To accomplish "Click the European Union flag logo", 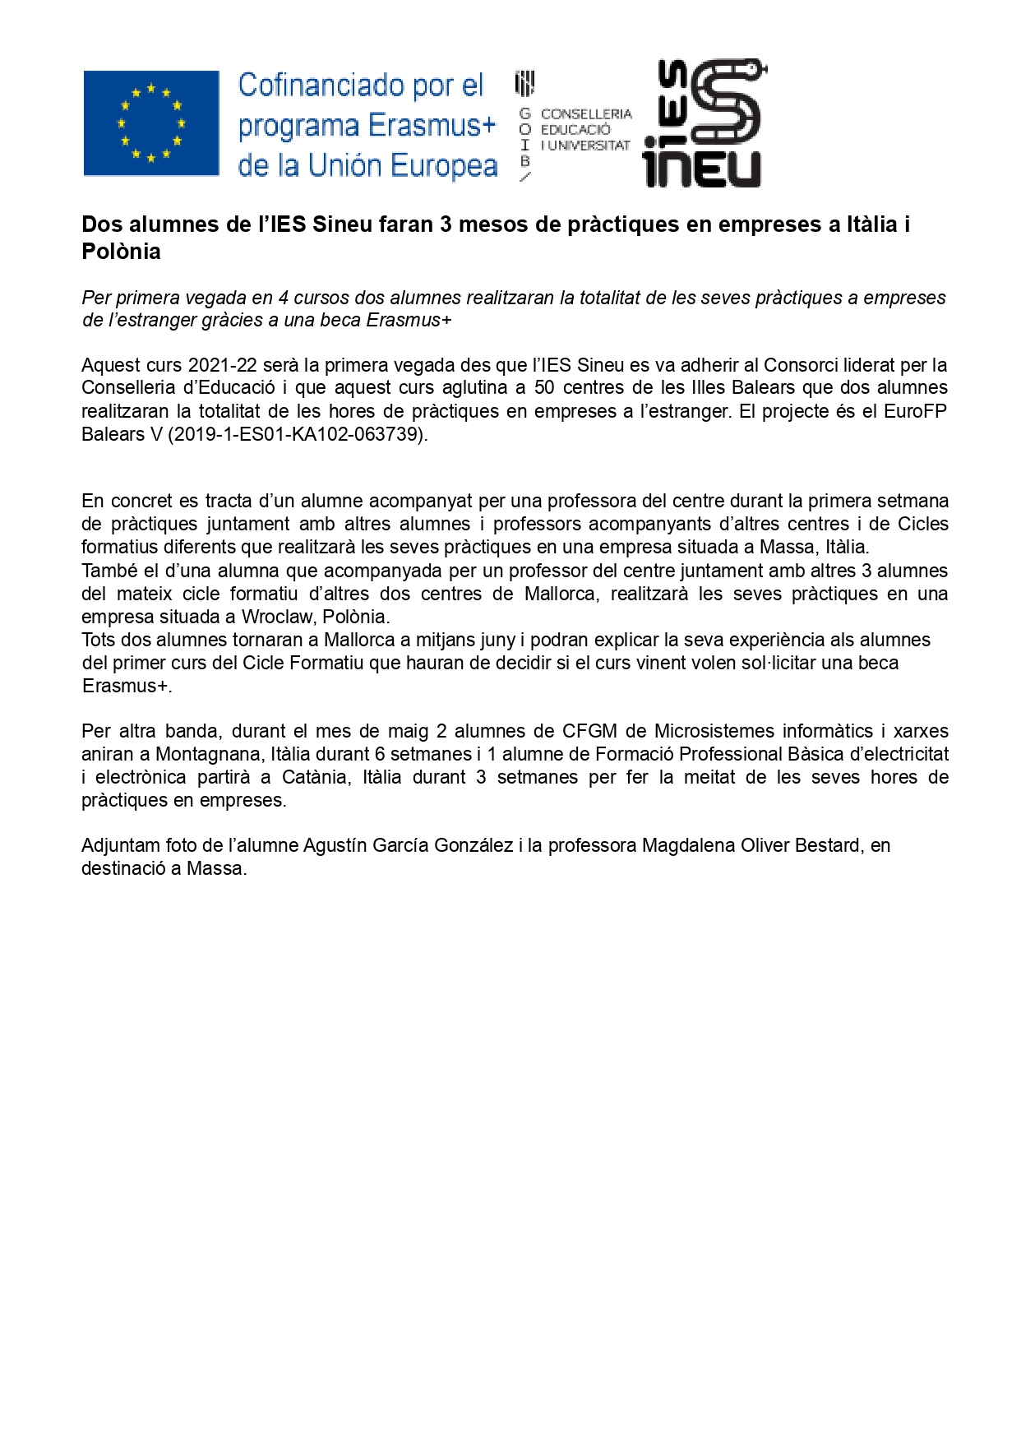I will [151, 123].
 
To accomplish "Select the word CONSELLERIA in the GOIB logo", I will [586, 114].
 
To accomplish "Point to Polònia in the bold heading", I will [121, 252].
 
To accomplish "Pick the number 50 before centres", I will [544, 388].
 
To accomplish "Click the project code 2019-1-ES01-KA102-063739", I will [298, 434].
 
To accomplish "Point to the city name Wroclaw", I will [275, 617].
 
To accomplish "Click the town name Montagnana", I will [208, 754].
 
